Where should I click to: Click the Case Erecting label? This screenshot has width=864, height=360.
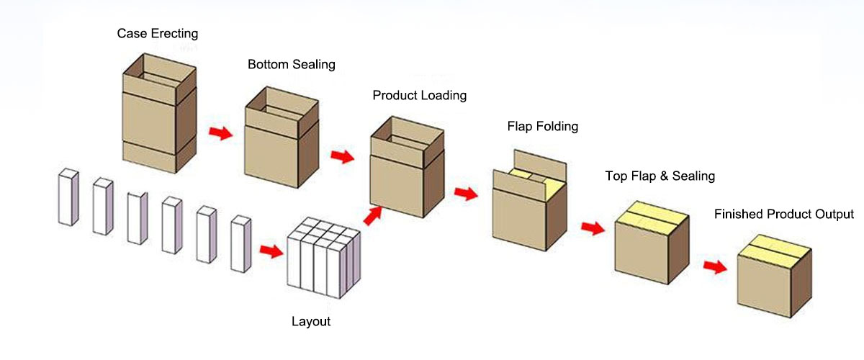click(x=158, y=33)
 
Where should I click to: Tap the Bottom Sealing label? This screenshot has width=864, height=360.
click(x=292, y=64)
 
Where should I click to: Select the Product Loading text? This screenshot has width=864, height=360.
click(x=419, y=95)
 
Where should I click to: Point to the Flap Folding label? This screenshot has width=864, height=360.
click(x=543, y=127)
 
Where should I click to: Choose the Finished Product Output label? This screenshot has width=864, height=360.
click(x=783, y=214)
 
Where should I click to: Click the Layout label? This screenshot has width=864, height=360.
click(x=311, y=321)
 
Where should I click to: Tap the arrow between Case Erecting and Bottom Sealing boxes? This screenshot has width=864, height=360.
click(x=220, y=132)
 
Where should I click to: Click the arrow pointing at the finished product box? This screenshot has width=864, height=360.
click(x=714, y=266)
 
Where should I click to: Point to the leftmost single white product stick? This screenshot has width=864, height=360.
click(x=67, y=197)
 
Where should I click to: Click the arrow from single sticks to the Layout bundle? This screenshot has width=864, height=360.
click(x=270, y=251)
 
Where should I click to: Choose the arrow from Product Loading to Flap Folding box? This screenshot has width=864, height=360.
click(x=466, y=193)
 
